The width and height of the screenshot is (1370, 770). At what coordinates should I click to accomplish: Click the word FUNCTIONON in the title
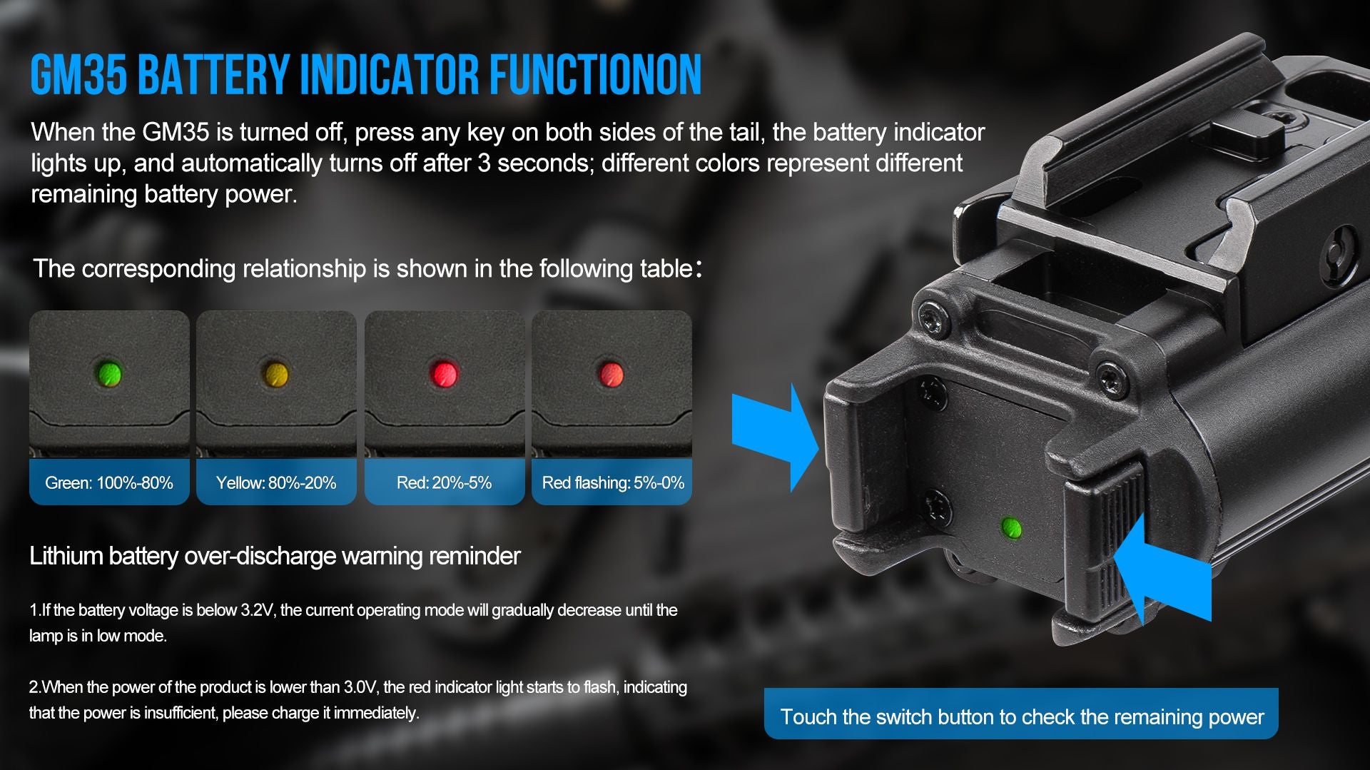coord(595,74)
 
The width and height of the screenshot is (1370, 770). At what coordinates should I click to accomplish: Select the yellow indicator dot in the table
coord(275,373)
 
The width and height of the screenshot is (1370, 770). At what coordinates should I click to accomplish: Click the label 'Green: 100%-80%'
coord(109,482)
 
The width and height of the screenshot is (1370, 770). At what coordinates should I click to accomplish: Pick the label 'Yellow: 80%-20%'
coord(276,482)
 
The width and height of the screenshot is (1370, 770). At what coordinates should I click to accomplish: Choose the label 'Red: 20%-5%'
coord(444,482)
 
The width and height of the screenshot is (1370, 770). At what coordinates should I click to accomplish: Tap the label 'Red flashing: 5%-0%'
coord(613,482)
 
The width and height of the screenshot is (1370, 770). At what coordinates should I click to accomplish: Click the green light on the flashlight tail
coord(1011,528)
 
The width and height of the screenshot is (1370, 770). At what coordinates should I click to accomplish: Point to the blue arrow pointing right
coord(774,437)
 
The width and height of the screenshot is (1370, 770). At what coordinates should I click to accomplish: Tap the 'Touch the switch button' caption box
coord(1021,714)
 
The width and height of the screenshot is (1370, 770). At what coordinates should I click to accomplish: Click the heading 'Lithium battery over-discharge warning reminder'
coord(275,556)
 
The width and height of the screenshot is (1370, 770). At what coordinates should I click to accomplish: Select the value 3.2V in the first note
coord(257,610)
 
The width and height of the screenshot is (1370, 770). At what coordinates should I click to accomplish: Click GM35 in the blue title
coord(79,74)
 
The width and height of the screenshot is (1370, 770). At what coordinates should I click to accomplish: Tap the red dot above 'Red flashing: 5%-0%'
coord(611,373)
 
